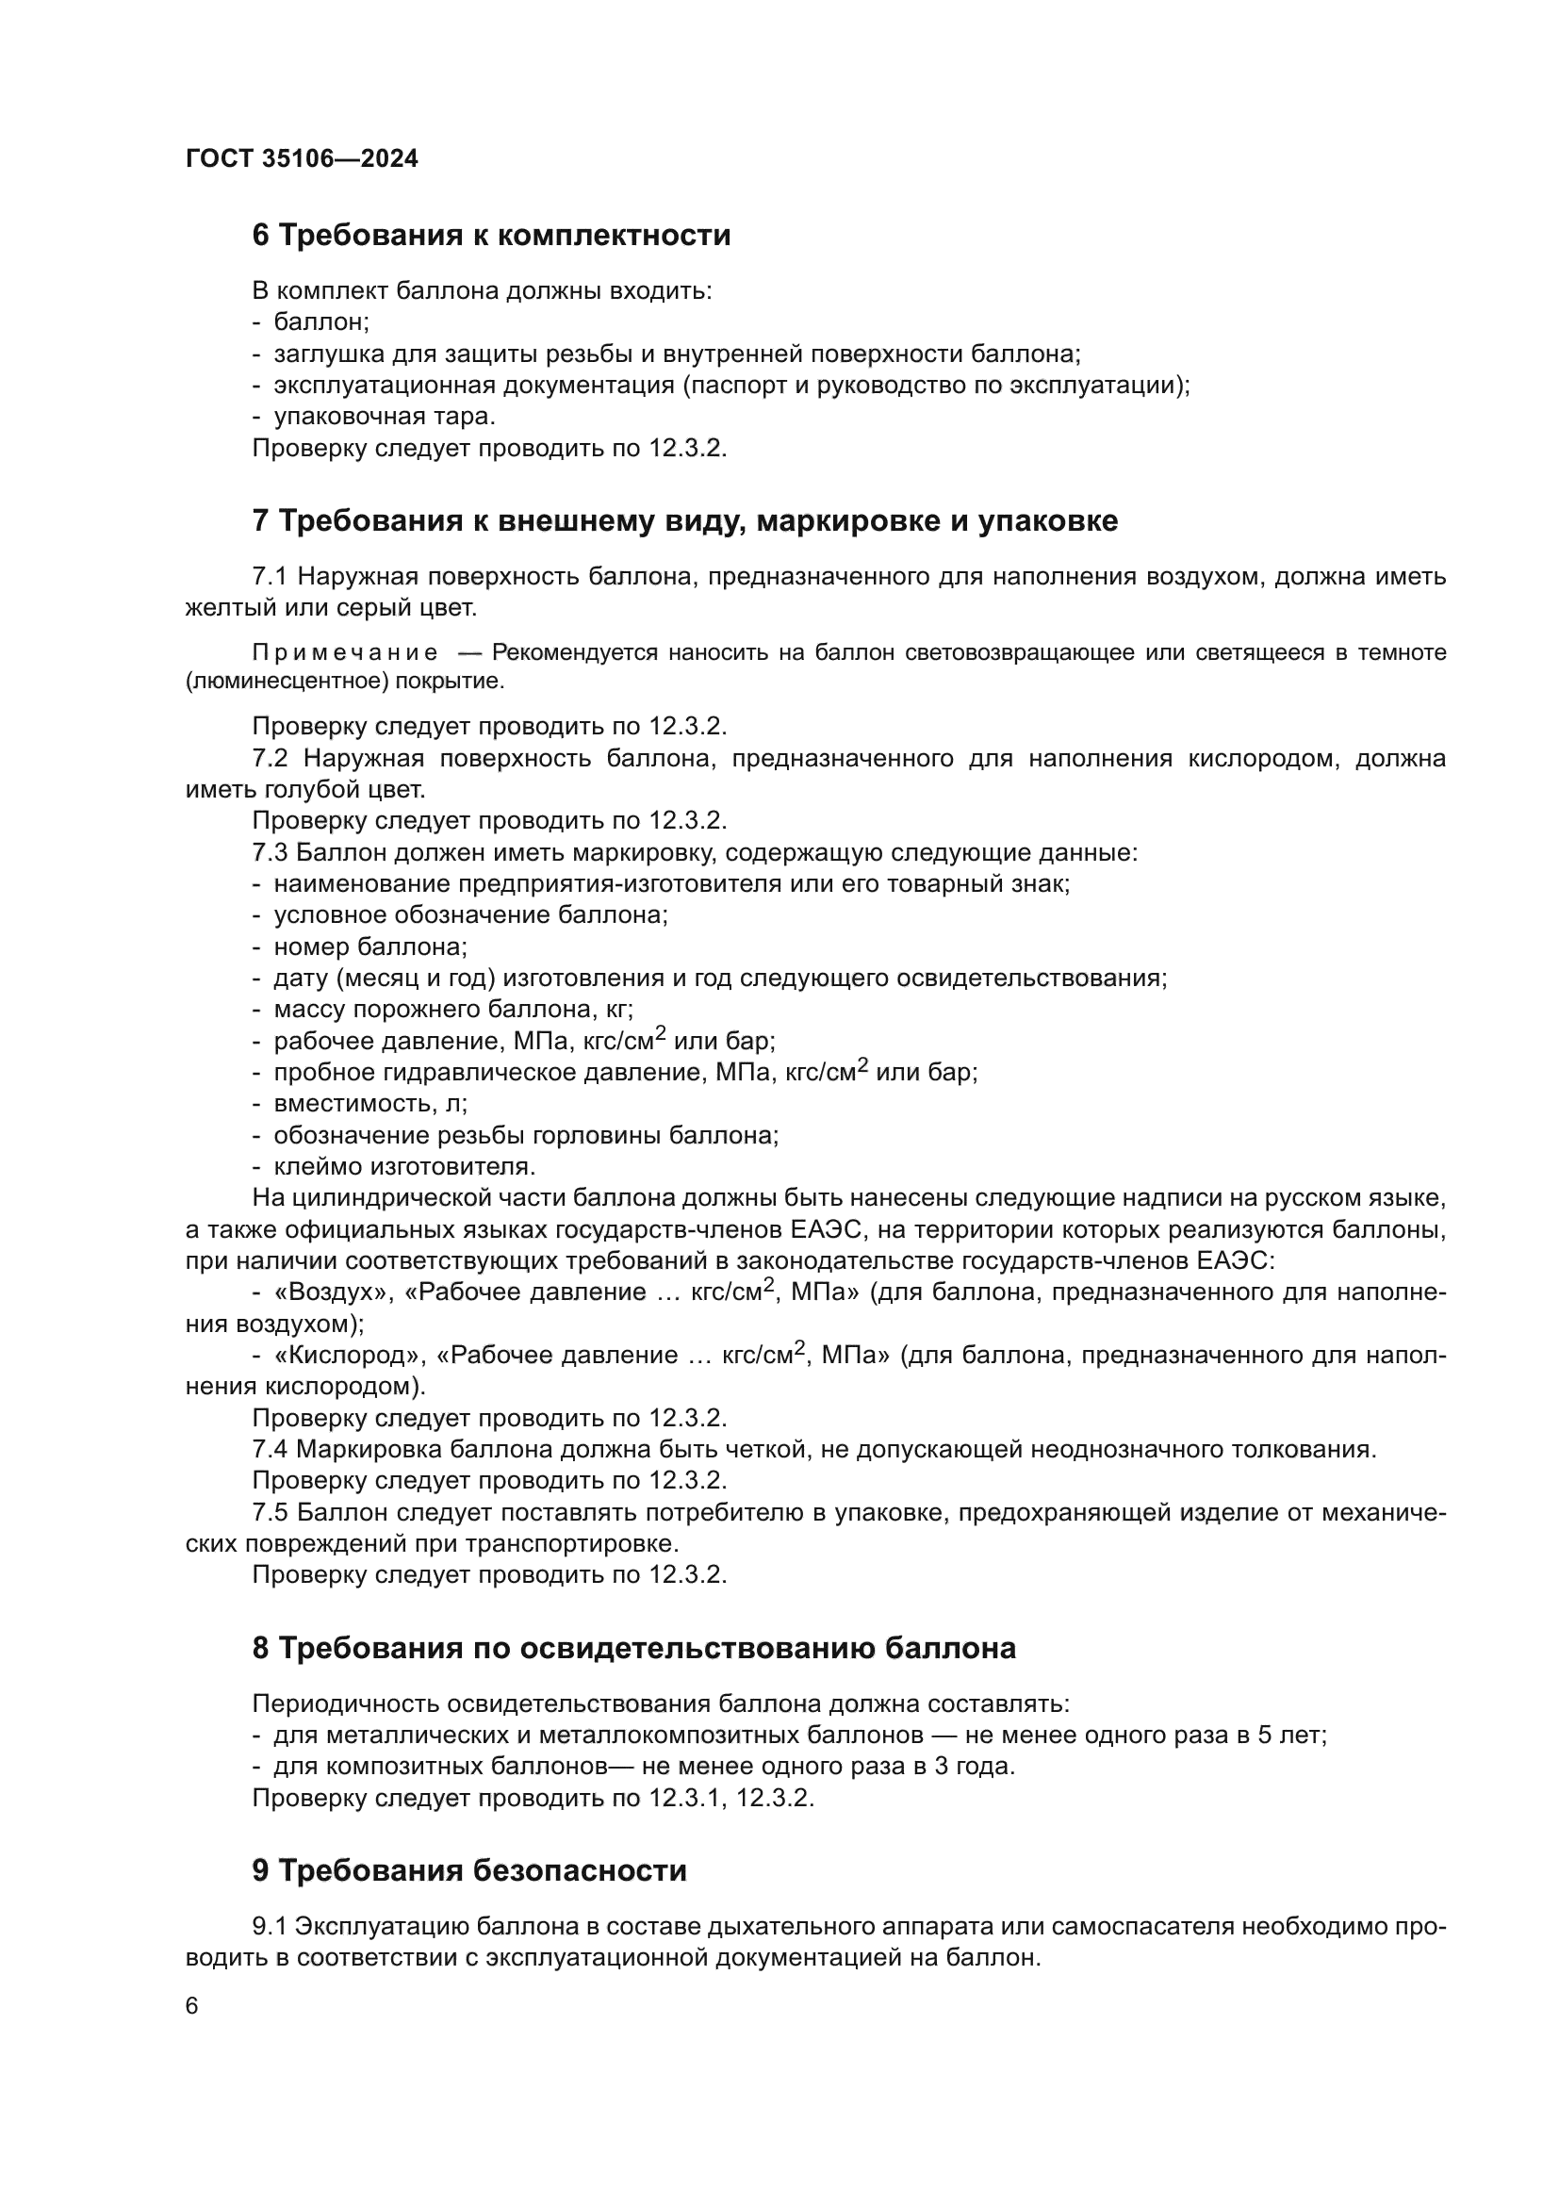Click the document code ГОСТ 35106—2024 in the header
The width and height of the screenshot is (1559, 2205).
[302, 159]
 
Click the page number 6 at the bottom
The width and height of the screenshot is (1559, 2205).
[192, 2006]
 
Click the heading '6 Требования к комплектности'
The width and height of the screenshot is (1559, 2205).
[490, 236]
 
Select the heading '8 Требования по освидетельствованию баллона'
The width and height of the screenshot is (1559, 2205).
[633, 1648]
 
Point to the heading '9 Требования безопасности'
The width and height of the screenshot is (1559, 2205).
[469, 1870]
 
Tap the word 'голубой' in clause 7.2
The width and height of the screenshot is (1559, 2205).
[284, 789]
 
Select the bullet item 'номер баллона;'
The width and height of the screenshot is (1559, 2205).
[370, 946]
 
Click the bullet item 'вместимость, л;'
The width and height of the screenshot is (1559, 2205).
[370, 1104]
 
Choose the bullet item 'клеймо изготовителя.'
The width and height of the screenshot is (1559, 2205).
[404, 1167]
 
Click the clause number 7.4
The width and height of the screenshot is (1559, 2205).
[270, 1449]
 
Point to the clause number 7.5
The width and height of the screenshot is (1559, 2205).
[270, 1512]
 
